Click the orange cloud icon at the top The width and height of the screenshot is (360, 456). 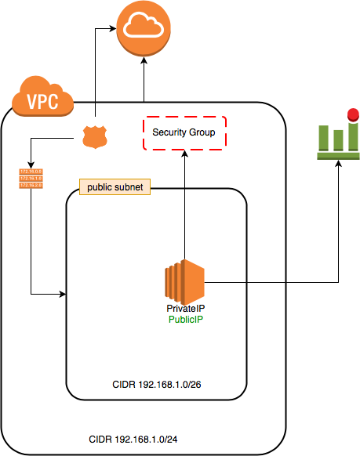point(144,29)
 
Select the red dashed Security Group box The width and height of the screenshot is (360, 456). point(184,132)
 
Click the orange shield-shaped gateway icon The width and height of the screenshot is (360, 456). point(94,137)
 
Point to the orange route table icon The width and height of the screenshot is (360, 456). point(29,178)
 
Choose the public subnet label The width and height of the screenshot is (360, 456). point(115,188)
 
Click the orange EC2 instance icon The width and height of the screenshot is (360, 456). point(184,281)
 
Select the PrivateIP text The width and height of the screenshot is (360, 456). point(187,310)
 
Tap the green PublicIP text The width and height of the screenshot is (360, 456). point(187,320)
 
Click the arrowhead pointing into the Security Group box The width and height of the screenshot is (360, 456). point(184,153)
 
